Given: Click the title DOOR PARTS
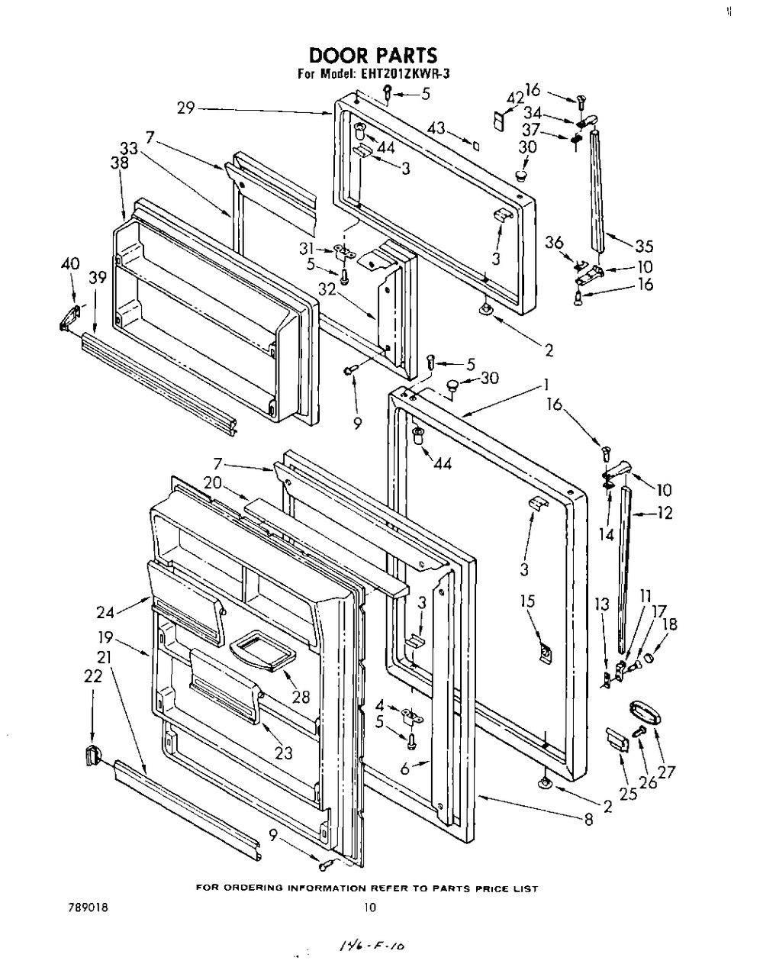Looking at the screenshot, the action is [x=372, y=55].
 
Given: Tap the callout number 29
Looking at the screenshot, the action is [x=185, y=108].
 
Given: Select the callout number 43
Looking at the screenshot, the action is [x=436, y=128].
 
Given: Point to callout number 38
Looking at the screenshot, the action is [x=120, y=163].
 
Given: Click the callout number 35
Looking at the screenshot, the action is [x=644, y=247].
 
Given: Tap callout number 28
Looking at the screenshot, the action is [x=301, y=697].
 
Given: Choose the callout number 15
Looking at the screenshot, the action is [x=527, y=601].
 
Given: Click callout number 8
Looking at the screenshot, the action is [x=588, y=819].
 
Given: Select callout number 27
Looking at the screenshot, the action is [x=666, y=772].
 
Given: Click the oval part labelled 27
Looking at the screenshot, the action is [x=645, y=713].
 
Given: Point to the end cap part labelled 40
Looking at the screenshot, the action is [x=69, y=317].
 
